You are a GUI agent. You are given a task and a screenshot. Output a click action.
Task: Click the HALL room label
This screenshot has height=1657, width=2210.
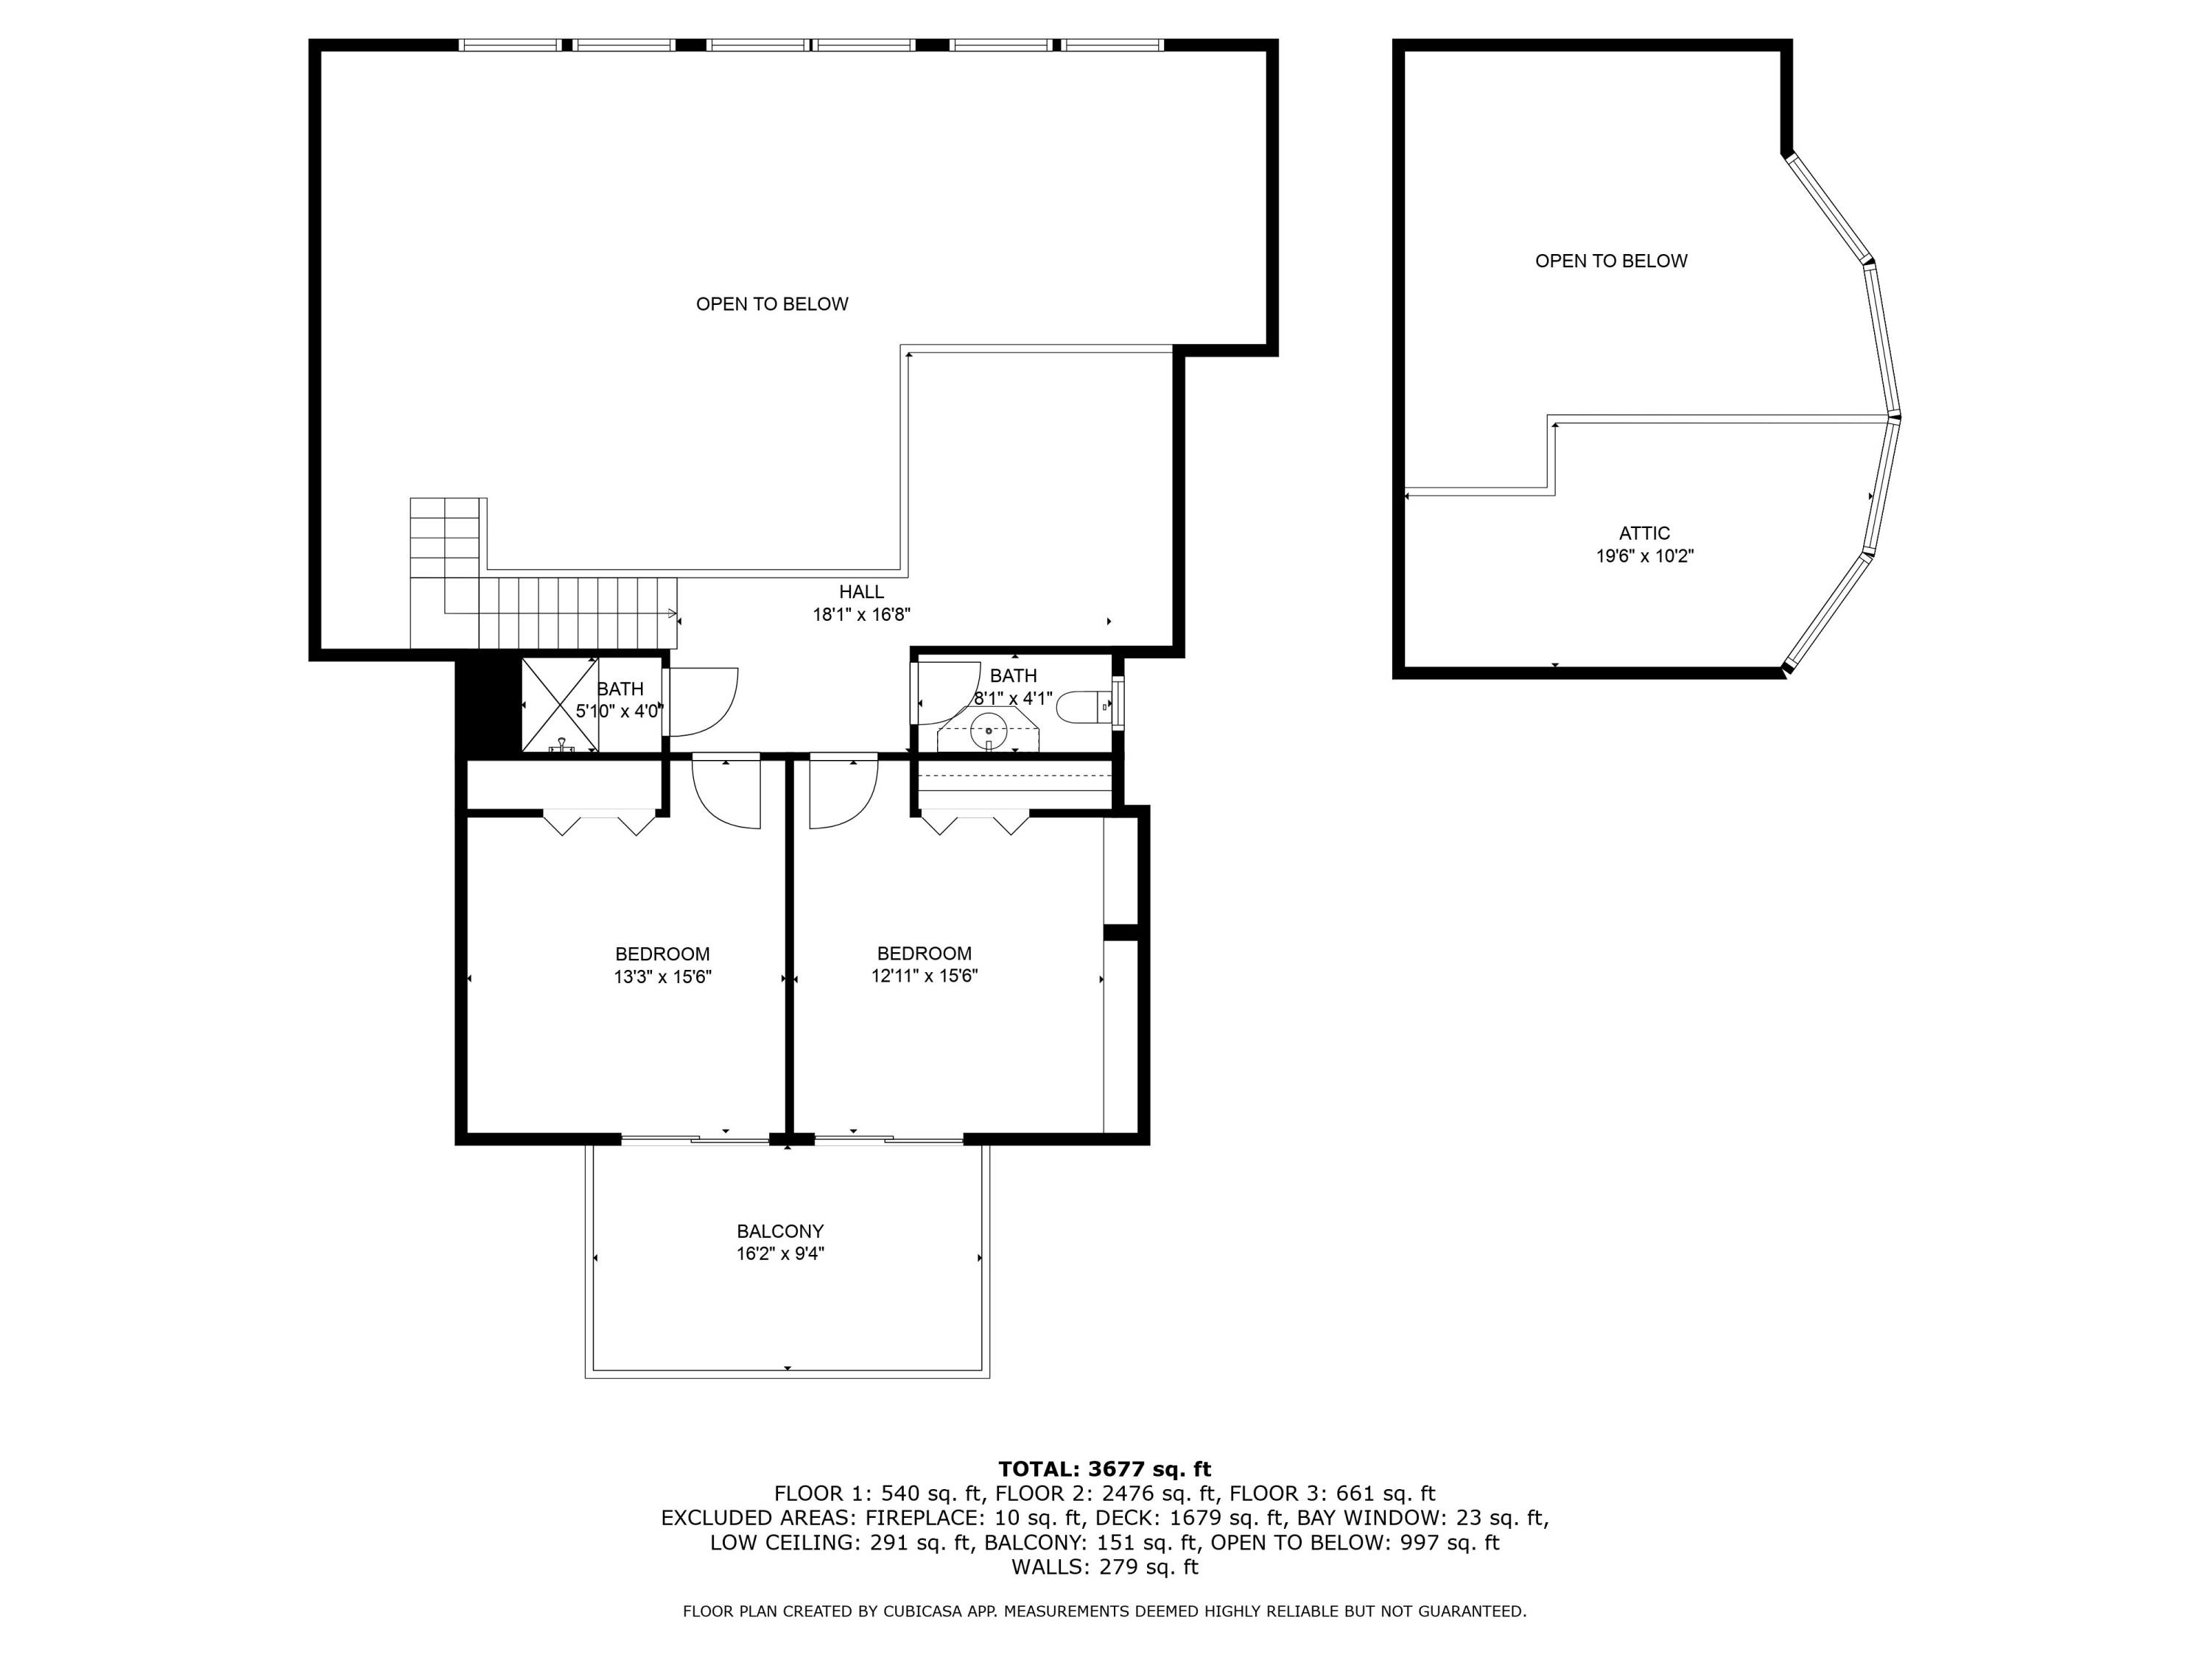(x=861, y=592)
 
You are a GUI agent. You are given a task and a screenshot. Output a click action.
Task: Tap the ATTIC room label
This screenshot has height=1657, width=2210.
(x=1644, y=533)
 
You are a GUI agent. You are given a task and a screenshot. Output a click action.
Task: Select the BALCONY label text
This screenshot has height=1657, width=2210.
(x=780, y=1231)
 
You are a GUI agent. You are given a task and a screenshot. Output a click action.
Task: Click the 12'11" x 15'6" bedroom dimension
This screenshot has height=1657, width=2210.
(x=925, y=976)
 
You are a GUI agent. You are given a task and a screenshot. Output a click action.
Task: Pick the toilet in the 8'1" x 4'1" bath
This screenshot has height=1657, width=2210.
(x=1082, y=706)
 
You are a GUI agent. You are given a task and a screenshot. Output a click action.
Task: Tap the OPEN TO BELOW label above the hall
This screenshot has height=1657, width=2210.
(x=772, y=303)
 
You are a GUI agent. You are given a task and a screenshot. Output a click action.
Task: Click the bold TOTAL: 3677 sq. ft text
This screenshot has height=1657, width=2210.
(x=1105, y=1469)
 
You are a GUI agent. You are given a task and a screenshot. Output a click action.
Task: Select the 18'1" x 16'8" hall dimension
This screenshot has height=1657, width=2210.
(x=861, y=615)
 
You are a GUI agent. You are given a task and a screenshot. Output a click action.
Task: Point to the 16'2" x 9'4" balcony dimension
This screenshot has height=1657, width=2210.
(x=780, y=1254)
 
